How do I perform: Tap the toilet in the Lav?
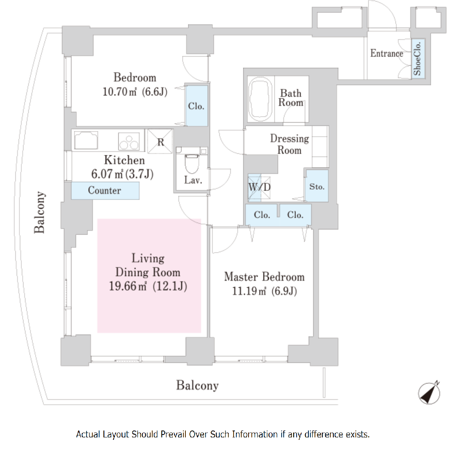(191, 163)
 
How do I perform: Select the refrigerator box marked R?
(160, 142)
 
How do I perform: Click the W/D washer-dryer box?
(259, 187)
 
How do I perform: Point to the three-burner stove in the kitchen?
(129, 142)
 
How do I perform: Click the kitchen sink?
(86, 140)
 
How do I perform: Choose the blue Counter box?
(105, 191)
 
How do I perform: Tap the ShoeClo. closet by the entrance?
(417, 59)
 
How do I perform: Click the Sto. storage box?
(317, 186)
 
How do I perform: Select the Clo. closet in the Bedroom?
(196, 106)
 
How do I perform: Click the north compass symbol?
(429, 393)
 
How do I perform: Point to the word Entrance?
(387, 53)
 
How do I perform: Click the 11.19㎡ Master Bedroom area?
(249, 291)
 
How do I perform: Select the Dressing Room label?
(289, 144)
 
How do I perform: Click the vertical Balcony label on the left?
(39, 212)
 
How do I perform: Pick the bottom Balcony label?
(197, 385)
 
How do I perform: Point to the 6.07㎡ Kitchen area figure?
(107, 174)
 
